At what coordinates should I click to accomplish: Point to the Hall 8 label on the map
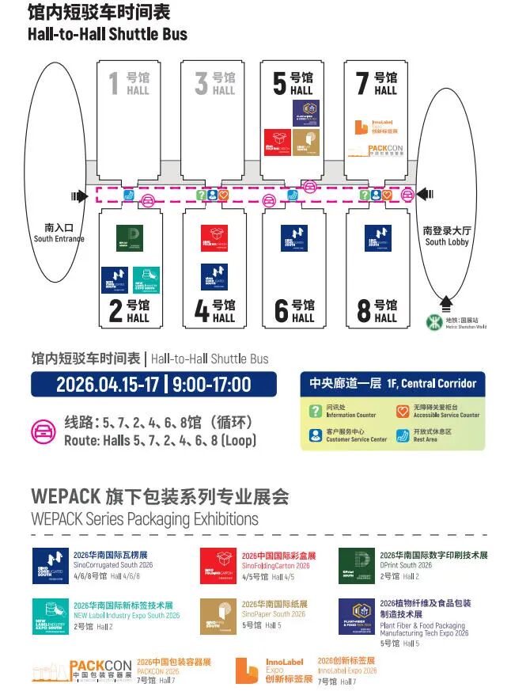(x=376, y=311)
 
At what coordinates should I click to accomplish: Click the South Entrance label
(x=59, y=234)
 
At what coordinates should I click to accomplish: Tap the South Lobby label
(x=447, y=236)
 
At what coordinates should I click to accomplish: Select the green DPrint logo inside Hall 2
(x=129, y=237)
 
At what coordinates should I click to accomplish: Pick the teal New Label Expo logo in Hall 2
(x=146, y=279)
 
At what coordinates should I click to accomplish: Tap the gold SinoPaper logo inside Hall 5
(x=305, y=142)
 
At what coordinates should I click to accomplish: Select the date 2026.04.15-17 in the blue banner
(x=108, y=385)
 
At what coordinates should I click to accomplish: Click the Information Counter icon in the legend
(x=316, y=412)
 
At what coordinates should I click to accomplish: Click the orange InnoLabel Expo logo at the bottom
(x=247, y=670)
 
